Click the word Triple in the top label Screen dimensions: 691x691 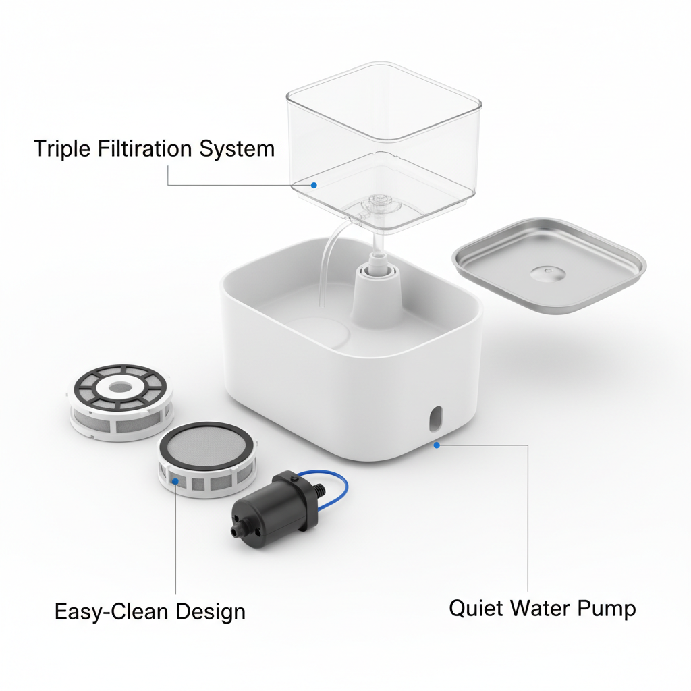(60, 148)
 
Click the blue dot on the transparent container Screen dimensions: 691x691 (313, 184)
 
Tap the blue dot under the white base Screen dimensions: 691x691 (437, 445)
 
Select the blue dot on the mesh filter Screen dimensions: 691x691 (176, 481)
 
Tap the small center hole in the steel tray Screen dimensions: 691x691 (548, 271)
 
